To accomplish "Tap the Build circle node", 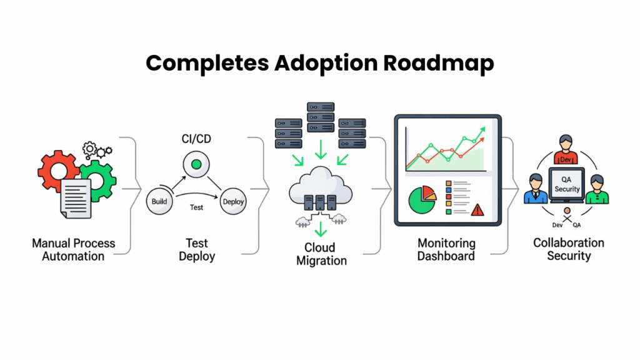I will pyautogui.click(x=159, y=201).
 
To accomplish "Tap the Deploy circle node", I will pyautogui.click(x=233, y=201).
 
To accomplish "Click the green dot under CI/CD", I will pyautogui.click(x=196, y=164).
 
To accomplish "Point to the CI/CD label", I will pyautogui.click(x=195, y=139).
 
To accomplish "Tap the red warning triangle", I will pyautogui.click(x=477, y=209).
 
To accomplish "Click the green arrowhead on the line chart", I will pyautogui.click(x=482, y=129).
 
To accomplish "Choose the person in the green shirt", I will pyautogui.click(x=597, y=190).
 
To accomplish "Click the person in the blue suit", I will pyautogui.click(x=535, y=190).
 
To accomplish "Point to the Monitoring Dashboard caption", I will pyautogui.click(x=446, y=249).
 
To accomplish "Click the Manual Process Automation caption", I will pyautogui.click(x=74, y=249).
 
